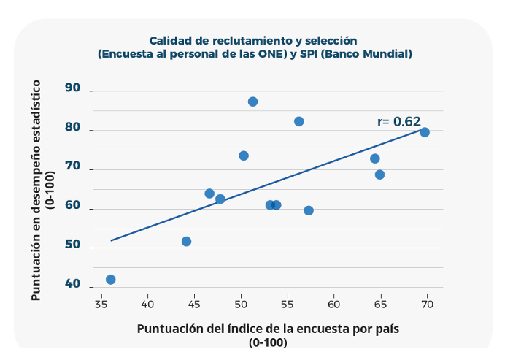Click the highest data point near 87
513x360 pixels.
252,102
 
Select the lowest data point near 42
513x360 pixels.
111,280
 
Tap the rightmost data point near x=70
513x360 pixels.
425,132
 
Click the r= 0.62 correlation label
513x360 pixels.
399,122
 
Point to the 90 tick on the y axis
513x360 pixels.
72,88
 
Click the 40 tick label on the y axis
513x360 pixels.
72,283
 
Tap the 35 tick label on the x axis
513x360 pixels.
101,302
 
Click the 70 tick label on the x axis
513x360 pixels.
427,302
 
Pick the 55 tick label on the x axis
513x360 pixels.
288,302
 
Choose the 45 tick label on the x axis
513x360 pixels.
194,302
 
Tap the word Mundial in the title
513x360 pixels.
388,54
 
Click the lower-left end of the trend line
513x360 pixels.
111,240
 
